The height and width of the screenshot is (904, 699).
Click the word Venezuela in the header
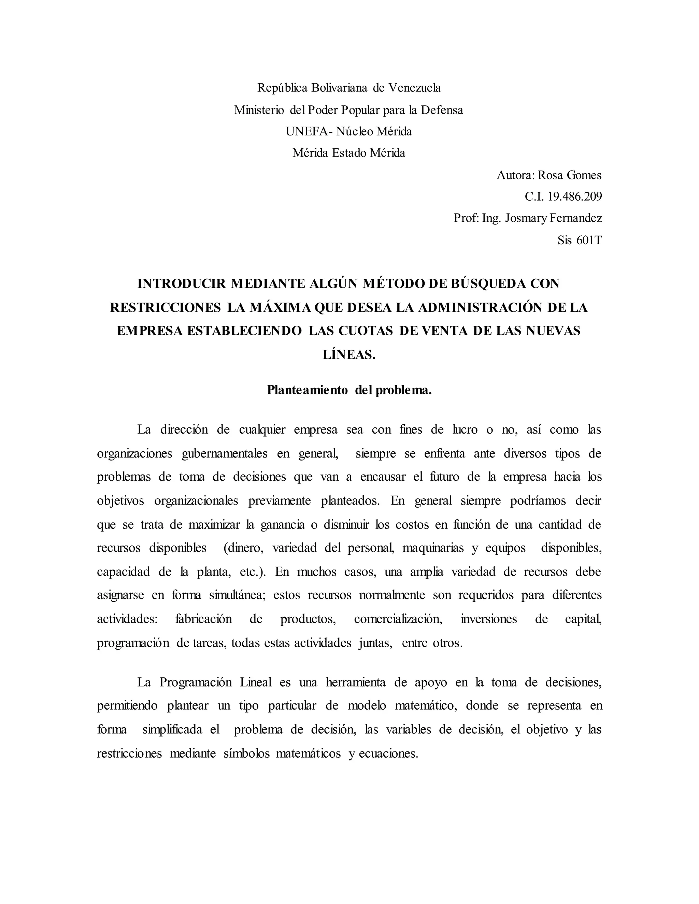coord(415,88)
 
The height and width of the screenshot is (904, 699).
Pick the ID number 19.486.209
coord(574,196)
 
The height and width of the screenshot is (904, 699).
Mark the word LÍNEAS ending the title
coord(349,355)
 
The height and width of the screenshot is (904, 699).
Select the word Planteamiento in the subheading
coord(307,390)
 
